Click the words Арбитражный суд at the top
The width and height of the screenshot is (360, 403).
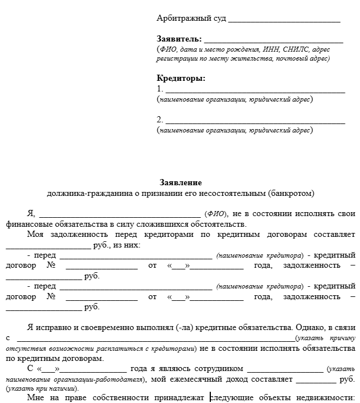click(x=191, y=19)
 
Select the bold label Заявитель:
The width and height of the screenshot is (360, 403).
click(x=178, y=39)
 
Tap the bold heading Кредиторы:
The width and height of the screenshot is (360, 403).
click(x=181, y=78)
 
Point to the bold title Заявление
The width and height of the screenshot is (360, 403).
click(x=181, y=183)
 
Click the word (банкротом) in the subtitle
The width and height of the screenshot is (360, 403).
click(x=292, y=193)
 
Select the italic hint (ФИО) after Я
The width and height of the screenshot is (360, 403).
click(x=216, y=214)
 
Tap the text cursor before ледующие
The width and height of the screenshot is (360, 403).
click(x=211, y=398)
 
